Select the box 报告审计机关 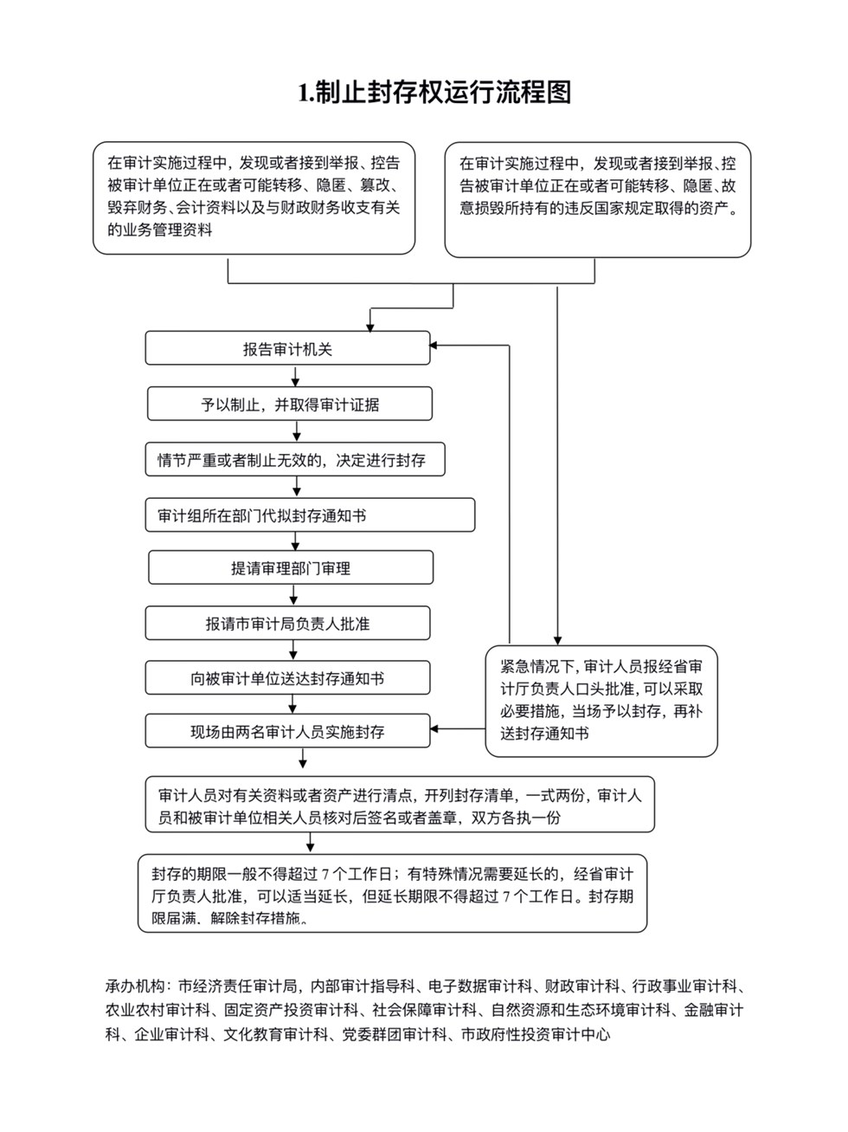(287, 348)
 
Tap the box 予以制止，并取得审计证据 (290, 404)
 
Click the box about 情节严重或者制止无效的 (295, 459)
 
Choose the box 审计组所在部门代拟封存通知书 (310, 514)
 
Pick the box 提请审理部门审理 (291, 567)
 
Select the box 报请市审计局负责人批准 (287, 623)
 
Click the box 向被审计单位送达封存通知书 (287, 677)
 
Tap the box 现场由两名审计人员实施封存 (287, 731)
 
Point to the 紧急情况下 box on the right (601, 701)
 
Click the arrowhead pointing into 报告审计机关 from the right (434, 345)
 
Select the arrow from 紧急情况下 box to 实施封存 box (458, 728)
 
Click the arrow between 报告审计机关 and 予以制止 (295, 376)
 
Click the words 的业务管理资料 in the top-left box (160, 230)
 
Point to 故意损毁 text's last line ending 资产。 (599, 208)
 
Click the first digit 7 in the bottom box (325, 874)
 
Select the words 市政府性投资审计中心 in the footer (536, 1034)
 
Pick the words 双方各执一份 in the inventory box (516, 818)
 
